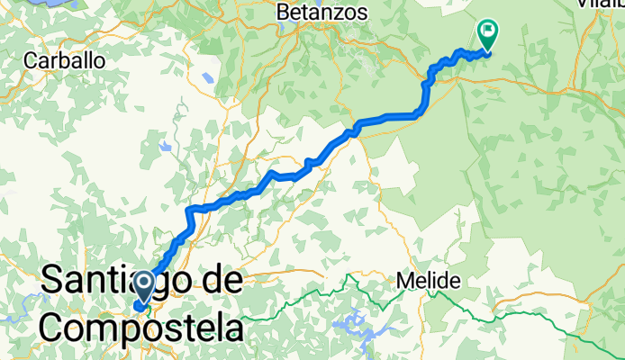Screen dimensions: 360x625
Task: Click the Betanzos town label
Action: point(322,13)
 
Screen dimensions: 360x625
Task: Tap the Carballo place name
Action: point(65,61)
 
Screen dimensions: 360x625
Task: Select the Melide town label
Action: point(429,281)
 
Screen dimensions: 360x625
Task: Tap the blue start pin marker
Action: point(143,289)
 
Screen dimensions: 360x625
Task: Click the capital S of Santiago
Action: point(56,281)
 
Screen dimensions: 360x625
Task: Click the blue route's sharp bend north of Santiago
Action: point(190,211)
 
